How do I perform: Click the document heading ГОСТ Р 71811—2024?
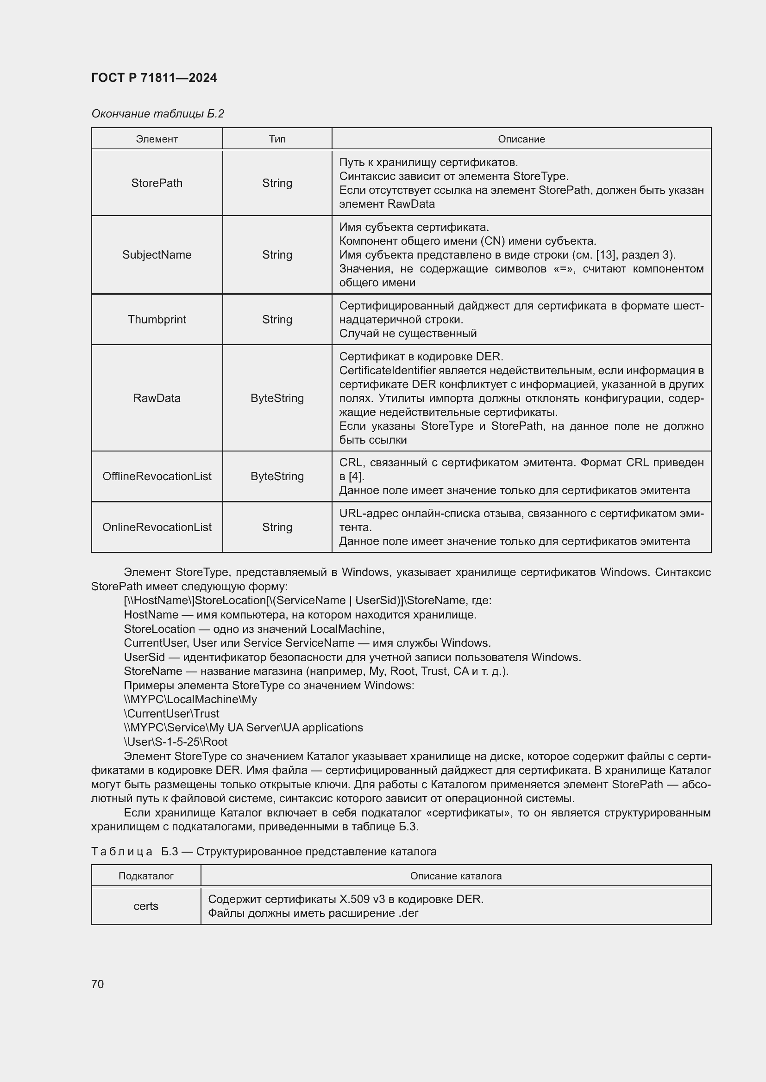[154, 78]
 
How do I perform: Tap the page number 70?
[97, 984]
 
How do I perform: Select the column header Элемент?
[157, 139]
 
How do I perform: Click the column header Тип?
[277, 139]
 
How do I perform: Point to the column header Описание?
[521, 139]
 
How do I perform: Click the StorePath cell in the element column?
[157, 183]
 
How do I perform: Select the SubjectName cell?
[157, 254]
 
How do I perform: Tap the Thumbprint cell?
[157, 319]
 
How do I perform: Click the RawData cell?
[157, 398]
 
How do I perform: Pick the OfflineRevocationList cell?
[157, 476]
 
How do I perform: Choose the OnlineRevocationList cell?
[157, 527]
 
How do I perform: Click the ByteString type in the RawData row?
[277, 398]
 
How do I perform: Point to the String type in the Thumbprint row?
[277, 319]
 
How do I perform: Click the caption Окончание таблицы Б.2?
[157, 114]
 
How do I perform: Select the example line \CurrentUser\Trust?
[172, 713]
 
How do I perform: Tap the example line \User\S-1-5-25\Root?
[176, 741]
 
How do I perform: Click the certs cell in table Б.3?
[146, 906]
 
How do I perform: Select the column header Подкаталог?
[146, 876]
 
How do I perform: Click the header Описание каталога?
[456, 876]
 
